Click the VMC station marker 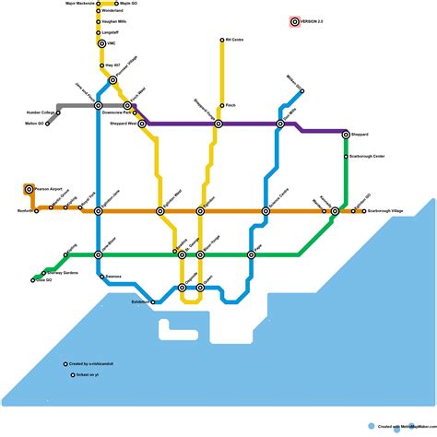pyautogui.click(x=102, y=43)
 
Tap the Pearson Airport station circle pyautogui.click(x=29, y=189)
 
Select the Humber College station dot pyautogui.click(x=58, y=112)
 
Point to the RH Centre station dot pyautogui.click(x=222, y=41)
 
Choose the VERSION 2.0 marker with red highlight pyautogui.click(x=294, y=21)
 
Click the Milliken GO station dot pyautogui.click(x=301, y=90)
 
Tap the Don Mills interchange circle pyautogui.click(x=281, y=124)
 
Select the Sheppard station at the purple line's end pyautogui.click(x=346, y=135)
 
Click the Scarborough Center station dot pyautogui.click(x=346, y=157)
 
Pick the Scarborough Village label pyautogui.click(x=385, y=211)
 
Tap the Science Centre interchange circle pyautogui.click(x=266, y=211)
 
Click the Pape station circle pyautogui.click(x=251, y=254)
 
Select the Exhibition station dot pyautogui.click(x=153, y=301)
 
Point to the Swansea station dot pyautogui.click(x=100, y=276)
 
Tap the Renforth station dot pyautogui.click(x=36, y=211)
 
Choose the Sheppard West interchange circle pyautogui.click(x=142, y=124)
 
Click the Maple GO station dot pyautogui.click(x=116, y=4)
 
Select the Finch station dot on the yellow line pyautogui.click(x=222, y=106)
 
